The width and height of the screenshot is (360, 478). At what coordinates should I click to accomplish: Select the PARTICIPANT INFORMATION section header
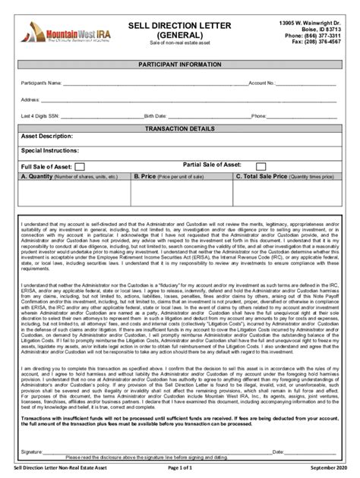click(x=180, y=66)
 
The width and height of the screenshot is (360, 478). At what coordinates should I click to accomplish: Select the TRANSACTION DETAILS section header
click(x=180, y=129)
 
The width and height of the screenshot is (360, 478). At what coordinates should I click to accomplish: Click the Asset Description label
click(x=47, y=137)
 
